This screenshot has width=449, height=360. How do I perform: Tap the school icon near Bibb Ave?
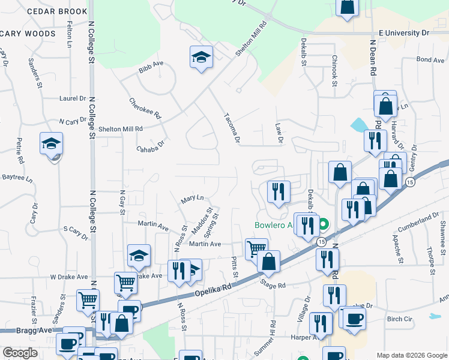click(x=201, y=58)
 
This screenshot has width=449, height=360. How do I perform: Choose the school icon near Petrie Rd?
click(x=52, y=144)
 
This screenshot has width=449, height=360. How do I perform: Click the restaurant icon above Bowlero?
click(x=278, y=191)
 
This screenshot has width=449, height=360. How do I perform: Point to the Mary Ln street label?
click(x=192, y=197)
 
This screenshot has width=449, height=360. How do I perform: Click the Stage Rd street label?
click(x=273, y=285)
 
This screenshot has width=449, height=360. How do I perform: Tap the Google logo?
click(x=20, y=353)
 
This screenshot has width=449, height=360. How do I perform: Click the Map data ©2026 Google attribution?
click(x=412, y=355)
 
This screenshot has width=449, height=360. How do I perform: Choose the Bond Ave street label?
click(x=430, y=60)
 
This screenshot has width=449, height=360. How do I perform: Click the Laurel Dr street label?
click(x=73, y=98)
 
